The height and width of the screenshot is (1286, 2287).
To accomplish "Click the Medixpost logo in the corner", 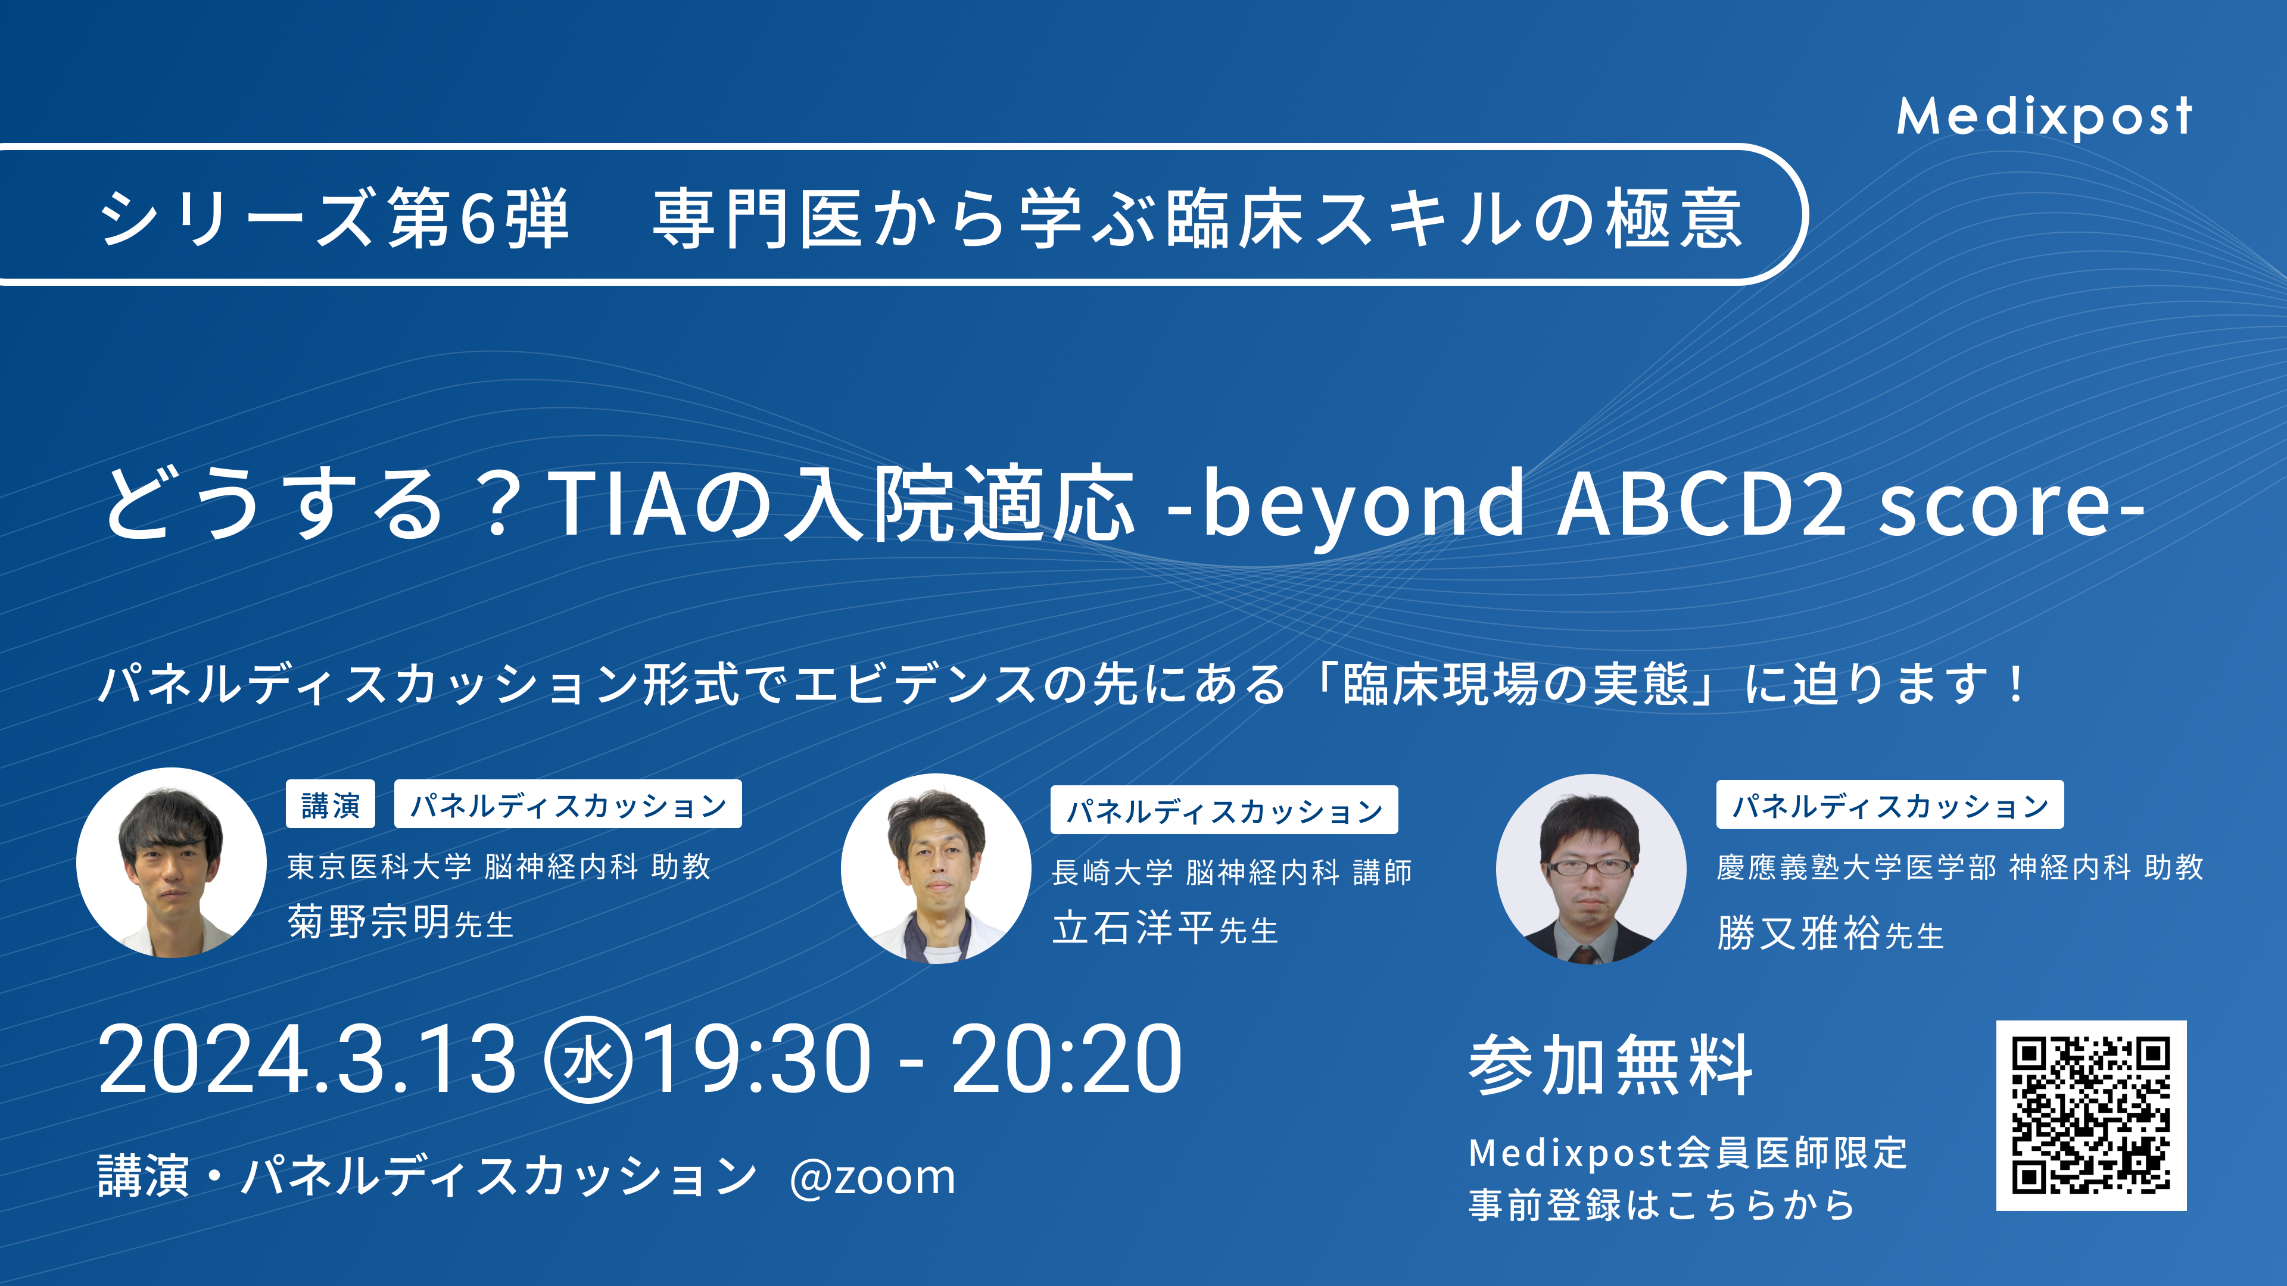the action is tap(2044, 116).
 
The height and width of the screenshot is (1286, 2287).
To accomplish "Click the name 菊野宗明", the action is tap(369, 921).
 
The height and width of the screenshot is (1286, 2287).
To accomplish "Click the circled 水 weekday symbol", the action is tap(588, 1060).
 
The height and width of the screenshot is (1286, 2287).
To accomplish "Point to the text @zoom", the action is tap(872, 1178).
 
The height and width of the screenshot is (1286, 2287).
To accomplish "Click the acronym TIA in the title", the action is tap(618, 504).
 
